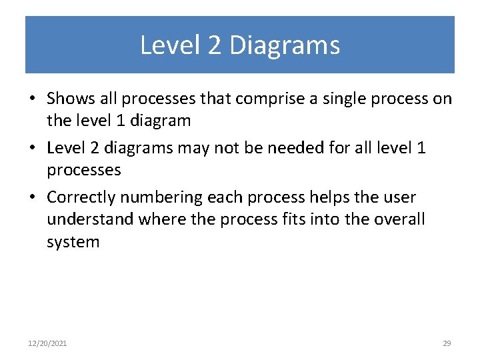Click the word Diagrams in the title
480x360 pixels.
pos(285,45)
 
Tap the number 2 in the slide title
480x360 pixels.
pos(215,45)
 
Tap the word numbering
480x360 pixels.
pos(161,197)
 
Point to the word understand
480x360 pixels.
pos(91,219)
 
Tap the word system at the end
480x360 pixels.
pos(73,242)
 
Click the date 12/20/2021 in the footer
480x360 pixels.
pos(47,343)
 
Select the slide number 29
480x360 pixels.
pos(447,343)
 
